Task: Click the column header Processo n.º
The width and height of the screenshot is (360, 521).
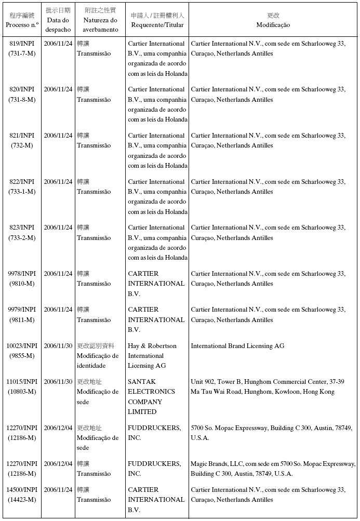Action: (22, 25)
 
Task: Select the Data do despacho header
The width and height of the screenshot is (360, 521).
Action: (58, 25)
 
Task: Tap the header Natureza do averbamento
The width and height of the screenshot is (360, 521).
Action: (100, 25)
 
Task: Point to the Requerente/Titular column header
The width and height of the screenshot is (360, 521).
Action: (157, 25)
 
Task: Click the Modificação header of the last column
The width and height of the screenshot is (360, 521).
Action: (273, 25)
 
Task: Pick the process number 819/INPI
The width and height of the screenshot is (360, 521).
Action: (22, 44)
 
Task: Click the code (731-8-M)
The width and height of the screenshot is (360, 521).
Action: (22, 100)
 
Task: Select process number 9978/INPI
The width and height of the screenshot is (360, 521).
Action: (22, 274)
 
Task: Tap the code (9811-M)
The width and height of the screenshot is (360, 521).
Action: (22, 320)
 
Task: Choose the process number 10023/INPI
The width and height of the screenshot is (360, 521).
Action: (22, 346)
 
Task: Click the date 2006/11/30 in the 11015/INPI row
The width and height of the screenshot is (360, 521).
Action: (58, 382)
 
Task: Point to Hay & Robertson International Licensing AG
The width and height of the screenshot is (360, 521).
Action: (153, 356)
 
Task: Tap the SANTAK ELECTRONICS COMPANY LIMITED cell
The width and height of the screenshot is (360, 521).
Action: (152, 397)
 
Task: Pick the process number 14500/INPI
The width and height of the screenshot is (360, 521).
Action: (22, 490)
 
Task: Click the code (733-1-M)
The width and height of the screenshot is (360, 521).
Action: (22, 192)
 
